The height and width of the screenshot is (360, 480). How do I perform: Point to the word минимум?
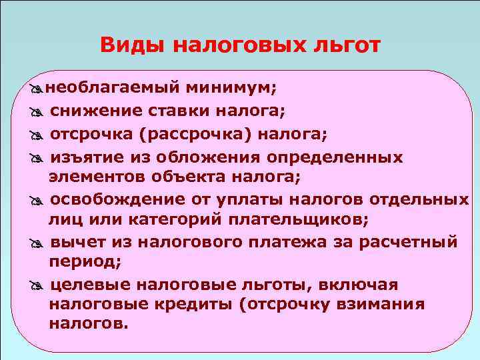click(x=230, y=88)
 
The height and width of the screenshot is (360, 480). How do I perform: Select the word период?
click(x=84, y=261)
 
